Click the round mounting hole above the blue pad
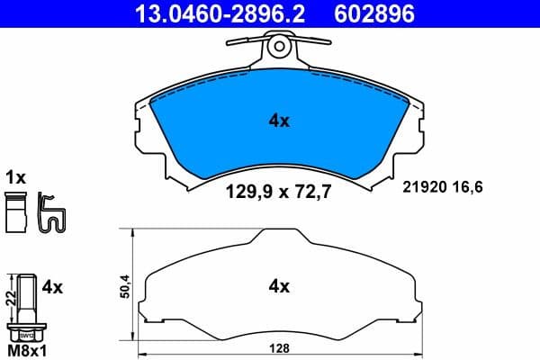coord(279,44)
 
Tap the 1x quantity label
coord(16,177)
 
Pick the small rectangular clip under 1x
coord(13,217)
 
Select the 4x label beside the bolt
coord(52,287)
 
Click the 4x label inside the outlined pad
coord(279,287)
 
